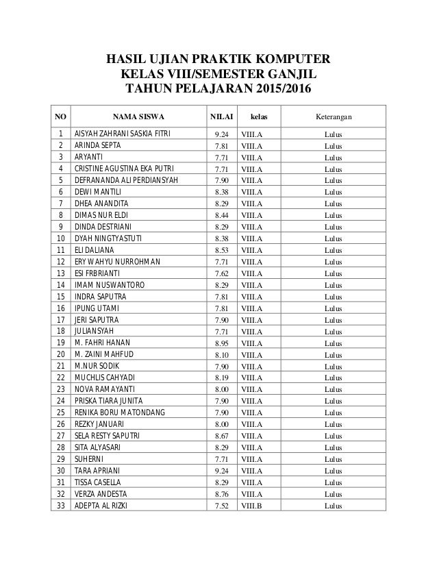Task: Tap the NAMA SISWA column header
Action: tap(140, 117)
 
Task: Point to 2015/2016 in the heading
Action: tap(273, 90)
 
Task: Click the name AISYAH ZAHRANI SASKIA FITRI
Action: tap(123, 134)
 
